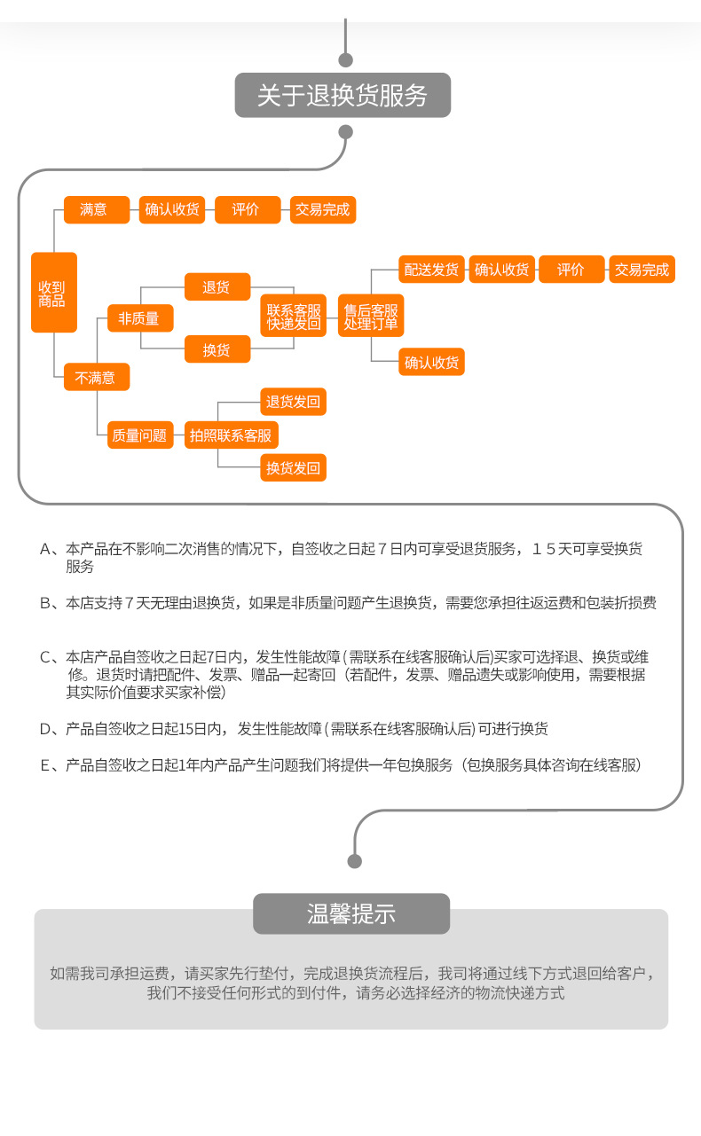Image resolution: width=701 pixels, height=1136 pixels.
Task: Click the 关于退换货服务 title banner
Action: (x=343, y=95)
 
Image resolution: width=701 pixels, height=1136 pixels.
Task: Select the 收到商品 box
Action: (x=53, y=293)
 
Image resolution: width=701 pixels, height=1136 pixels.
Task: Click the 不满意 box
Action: (x=97, y=377)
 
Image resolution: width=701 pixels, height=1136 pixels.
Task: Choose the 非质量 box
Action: (x=139, y=318)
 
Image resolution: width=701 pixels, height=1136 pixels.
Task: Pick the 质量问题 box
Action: (x=139, y=435)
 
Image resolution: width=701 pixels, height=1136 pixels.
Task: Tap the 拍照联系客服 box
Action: (x=231, y=435)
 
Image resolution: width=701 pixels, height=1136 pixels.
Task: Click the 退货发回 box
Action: (x=293, y=402)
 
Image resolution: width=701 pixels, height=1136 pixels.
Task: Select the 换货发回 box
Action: (x=293, y=467)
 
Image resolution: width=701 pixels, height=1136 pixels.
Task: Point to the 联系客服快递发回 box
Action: (x=294, y=317)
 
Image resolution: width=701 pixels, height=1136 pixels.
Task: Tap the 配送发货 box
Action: (x=431, y=270)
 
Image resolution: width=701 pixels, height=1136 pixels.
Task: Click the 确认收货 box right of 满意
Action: (x=172, y=210)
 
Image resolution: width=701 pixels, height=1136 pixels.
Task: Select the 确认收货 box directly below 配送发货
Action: (x=431, y=362)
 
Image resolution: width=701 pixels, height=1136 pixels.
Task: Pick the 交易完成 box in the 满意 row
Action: (x=323, y=210)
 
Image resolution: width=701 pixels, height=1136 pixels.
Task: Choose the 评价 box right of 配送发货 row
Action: (x=571, y=270)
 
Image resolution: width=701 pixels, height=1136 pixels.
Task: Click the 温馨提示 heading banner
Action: (x=351, y=913)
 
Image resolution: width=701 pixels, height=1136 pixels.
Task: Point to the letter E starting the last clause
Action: (x=45, y=765)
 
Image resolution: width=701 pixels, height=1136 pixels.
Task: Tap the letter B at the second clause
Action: (x=45, y=603)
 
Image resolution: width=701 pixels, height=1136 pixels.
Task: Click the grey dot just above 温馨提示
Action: (x=355, y=861)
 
